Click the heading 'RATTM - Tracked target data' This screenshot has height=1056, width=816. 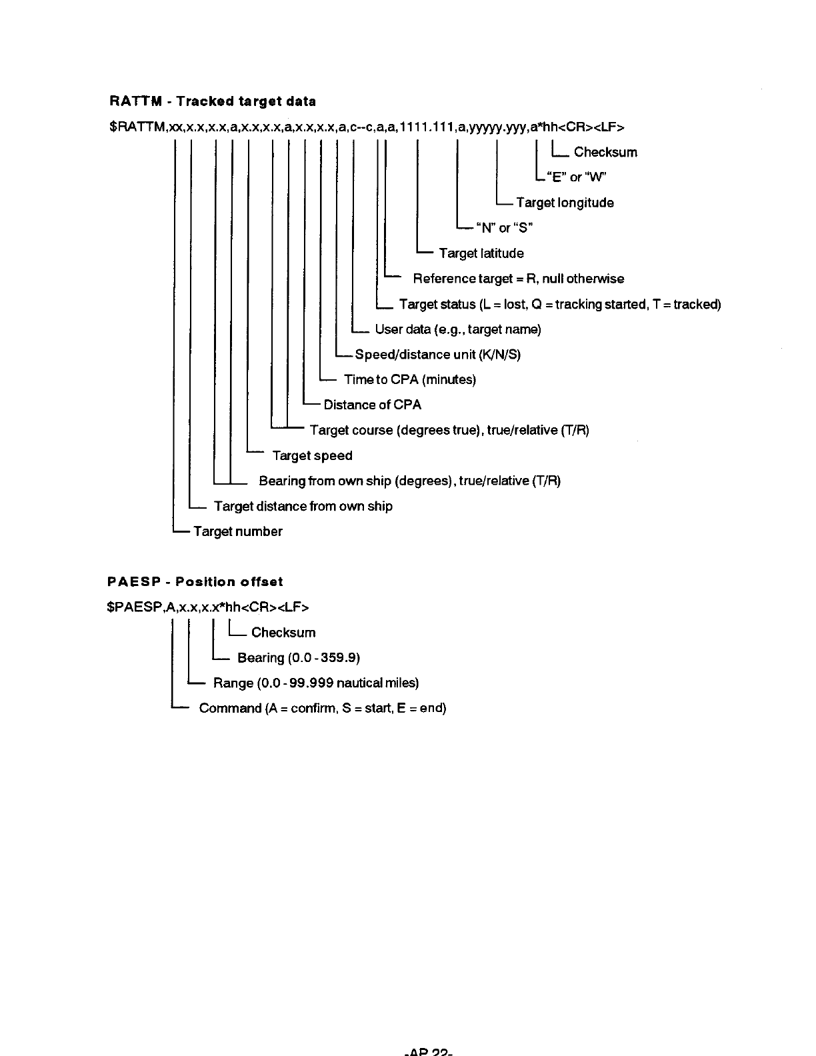212,101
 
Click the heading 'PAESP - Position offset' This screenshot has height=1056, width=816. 195,582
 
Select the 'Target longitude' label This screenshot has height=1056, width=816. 565,203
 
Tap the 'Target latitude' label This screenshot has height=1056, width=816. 481,253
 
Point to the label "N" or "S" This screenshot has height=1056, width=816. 504,228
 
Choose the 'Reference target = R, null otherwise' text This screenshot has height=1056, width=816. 518,279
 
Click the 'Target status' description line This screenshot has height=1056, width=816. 559,305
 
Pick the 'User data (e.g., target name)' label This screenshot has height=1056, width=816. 458,329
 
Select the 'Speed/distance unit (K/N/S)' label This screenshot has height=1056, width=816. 437,355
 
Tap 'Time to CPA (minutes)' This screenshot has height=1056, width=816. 409,380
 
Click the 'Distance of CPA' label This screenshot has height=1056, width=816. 372,405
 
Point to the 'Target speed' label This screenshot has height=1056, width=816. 312,456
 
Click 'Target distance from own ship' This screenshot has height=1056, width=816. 303,507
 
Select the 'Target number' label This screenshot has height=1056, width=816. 237,532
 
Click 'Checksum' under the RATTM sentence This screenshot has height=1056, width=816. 605,152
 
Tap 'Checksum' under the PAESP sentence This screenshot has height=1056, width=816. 283,633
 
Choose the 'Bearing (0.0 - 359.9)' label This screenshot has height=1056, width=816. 298,658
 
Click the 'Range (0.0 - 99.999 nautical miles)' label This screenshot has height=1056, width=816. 315,683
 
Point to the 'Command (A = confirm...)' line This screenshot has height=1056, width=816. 322,708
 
